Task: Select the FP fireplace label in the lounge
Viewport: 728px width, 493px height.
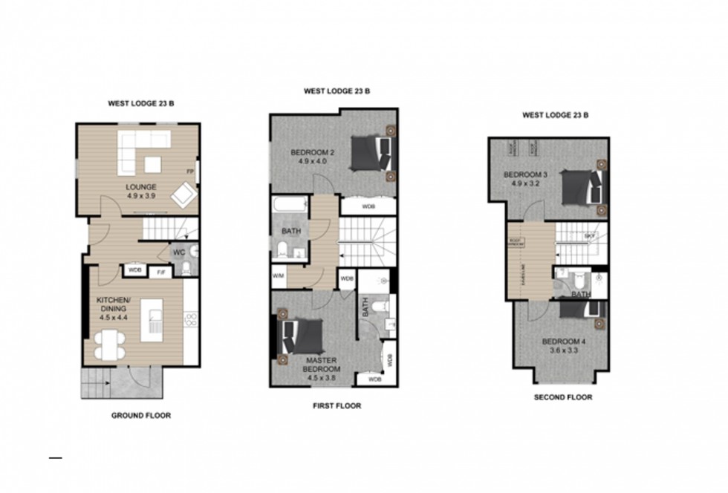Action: pyautogui.click(x=191, y=171)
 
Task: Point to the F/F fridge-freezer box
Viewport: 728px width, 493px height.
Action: pyautogui.click(x=160, y=272)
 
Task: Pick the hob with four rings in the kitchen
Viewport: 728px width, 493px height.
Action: pyautogui.click(x=190, y=321)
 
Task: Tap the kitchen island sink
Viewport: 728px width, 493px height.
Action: pyautogui.click(x=155, y=321)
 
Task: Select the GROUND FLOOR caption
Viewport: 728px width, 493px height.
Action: pyautogui.click(x=141, y=416)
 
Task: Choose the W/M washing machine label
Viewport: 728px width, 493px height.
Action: pyautogui.click(x=279, y=276)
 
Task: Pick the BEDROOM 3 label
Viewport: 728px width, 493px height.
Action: pyautogui.click(x=525, y=175)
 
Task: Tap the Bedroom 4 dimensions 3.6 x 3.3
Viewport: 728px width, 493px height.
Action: pyautogui.click(x=564, y=350)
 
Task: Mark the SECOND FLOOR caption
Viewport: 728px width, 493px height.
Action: pyautogui.click(x=563, y=397)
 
